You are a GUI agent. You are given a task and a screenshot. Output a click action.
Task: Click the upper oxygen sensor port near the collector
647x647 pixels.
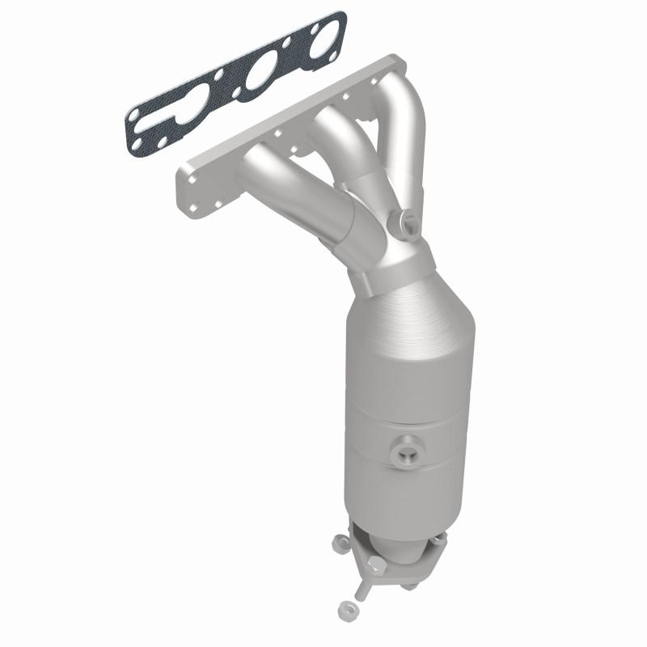click(x=404, y=220)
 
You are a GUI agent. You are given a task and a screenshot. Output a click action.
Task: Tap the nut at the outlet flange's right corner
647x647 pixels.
click(x=443, y=537)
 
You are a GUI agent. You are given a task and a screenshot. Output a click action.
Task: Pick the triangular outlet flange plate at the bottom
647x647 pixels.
click(x=396, y=554)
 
